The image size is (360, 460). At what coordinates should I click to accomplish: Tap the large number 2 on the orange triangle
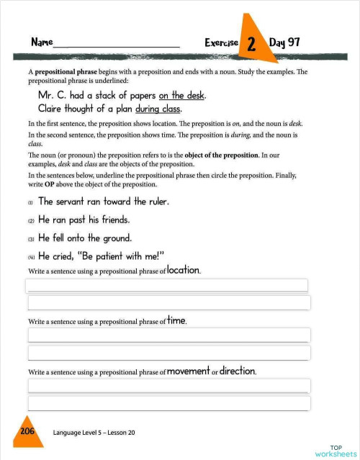[x=251, y=44]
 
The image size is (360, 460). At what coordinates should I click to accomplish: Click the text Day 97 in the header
[x=284, y=42]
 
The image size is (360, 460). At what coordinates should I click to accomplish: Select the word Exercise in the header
[x=221, y=43]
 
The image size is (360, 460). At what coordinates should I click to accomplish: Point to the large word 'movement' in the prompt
[x=188, y=371]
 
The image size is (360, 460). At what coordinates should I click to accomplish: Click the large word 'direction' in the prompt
[x=238, y=371]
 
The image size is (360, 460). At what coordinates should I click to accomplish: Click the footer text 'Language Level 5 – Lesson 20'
[x=94, y=433]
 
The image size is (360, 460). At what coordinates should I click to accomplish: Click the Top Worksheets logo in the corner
[x=336, y=451]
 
